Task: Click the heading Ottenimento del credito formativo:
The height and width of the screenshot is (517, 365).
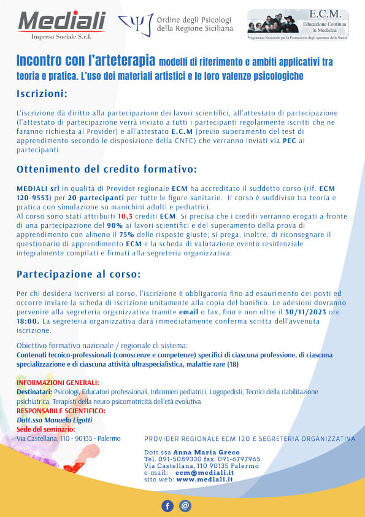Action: pyautogui.click(x=107, y=169)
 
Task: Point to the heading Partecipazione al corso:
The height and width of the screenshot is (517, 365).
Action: pyautogui.click(x=79, y=273)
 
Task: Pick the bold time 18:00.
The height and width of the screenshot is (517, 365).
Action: pyautogui.click(x=28, y=321)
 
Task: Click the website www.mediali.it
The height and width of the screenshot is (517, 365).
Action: pyautogui.click(x=205, y=480)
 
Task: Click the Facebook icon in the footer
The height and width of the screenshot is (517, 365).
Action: pyautogui.click(x=167, y=506)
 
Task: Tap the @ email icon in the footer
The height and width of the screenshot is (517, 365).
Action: pyautogui.click(x=185, y=506)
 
